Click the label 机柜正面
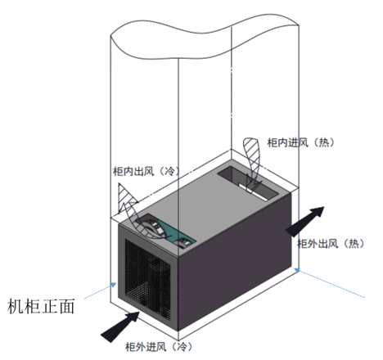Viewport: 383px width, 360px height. click(41, 306)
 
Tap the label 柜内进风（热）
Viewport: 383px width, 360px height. click(300, 142)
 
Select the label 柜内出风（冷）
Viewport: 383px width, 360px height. click(146, 171)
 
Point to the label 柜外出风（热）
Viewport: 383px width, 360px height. click(331, 243)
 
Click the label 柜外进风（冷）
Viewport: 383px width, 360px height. click(159, 347)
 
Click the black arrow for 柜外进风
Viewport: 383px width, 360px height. click(120, 326)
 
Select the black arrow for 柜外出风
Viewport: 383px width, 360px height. click(305, 221)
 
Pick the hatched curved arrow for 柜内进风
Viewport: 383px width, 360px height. click(252, 162)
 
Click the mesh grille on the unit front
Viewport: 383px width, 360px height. click(147, 280)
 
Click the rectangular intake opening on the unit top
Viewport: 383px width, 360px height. click(248, 183)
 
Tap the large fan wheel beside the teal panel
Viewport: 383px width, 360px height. click(153, 227)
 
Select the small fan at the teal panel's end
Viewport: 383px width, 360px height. click(184, 242)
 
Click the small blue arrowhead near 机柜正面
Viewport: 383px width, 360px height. click(114, 285)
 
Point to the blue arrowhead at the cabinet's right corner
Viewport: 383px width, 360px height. click(298, 270)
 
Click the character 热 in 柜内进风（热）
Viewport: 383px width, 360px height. click(323, 142)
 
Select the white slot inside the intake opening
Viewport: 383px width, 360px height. click(252, 191)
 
